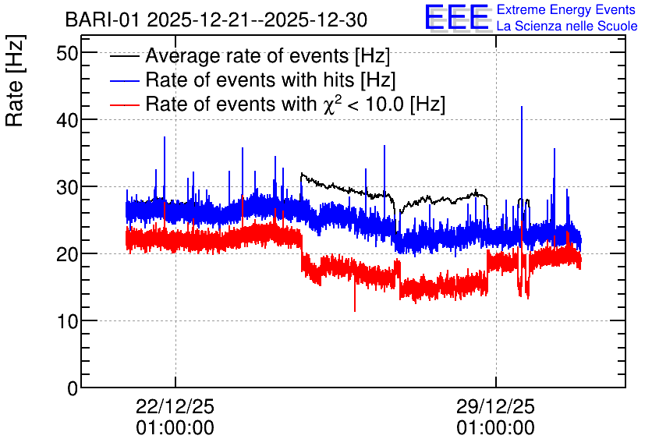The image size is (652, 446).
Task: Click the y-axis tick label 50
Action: (66, 53)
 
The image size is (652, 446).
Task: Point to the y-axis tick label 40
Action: (66, 120)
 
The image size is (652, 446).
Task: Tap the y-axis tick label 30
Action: (66, 187)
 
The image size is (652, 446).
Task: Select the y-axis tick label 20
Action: (66, 254)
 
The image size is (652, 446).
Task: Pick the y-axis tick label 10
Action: (66, 321)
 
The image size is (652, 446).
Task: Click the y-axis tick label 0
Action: (73, 388)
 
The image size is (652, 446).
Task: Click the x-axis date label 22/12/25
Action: (175, 406)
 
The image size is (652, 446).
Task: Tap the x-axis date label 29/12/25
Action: (495, 406)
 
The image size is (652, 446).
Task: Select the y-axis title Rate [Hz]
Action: (15, 80)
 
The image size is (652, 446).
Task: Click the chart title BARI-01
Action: (102, 20)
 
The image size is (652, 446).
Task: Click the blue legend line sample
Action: (124, 80)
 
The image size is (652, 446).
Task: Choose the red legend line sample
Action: (124, 104)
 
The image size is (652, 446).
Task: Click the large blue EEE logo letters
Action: (457, 17)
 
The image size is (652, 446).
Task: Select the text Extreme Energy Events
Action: (566, 9)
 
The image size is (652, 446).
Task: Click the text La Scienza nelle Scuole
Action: (567, 27)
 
